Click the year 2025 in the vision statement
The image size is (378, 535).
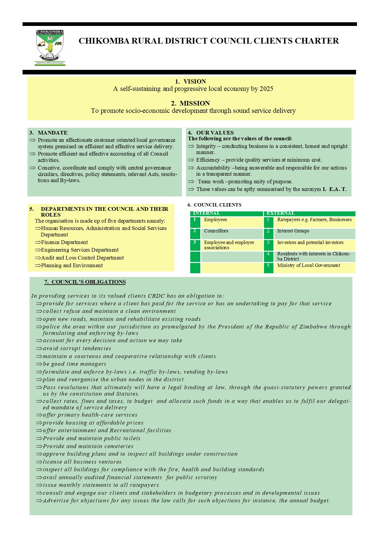[x=266, y=89]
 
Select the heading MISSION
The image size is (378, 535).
[x=194, y=103]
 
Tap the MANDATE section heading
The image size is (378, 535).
[x=52, y=133]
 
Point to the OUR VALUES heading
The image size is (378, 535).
[x=215, y=133]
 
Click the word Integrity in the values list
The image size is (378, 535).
[x=206, y=146]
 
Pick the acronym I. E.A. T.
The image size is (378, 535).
[x=334, y=189]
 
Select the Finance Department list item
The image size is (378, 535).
[x=64, y=242]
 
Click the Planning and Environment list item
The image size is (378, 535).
[x=72, y=265]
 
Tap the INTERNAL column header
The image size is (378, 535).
[x=207, y=213]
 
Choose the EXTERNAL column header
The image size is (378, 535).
[x=281, y=213]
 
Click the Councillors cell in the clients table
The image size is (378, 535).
[x=216, y=231]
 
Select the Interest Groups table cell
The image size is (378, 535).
[x=293, y=231]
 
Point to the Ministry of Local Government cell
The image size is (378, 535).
[x=308, y=265]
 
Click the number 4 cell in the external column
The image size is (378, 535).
[x=268, y=254]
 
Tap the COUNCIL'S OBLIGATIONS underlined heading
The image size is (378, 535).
[x=85, y=282]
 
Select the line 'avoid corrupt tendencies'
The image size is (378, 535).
[x=77, y=348]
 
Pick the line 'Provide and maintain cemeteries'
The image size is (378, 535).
[x=88, y=446]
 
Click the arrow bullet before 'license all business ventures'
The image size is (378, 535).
[x=39, y=462]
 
